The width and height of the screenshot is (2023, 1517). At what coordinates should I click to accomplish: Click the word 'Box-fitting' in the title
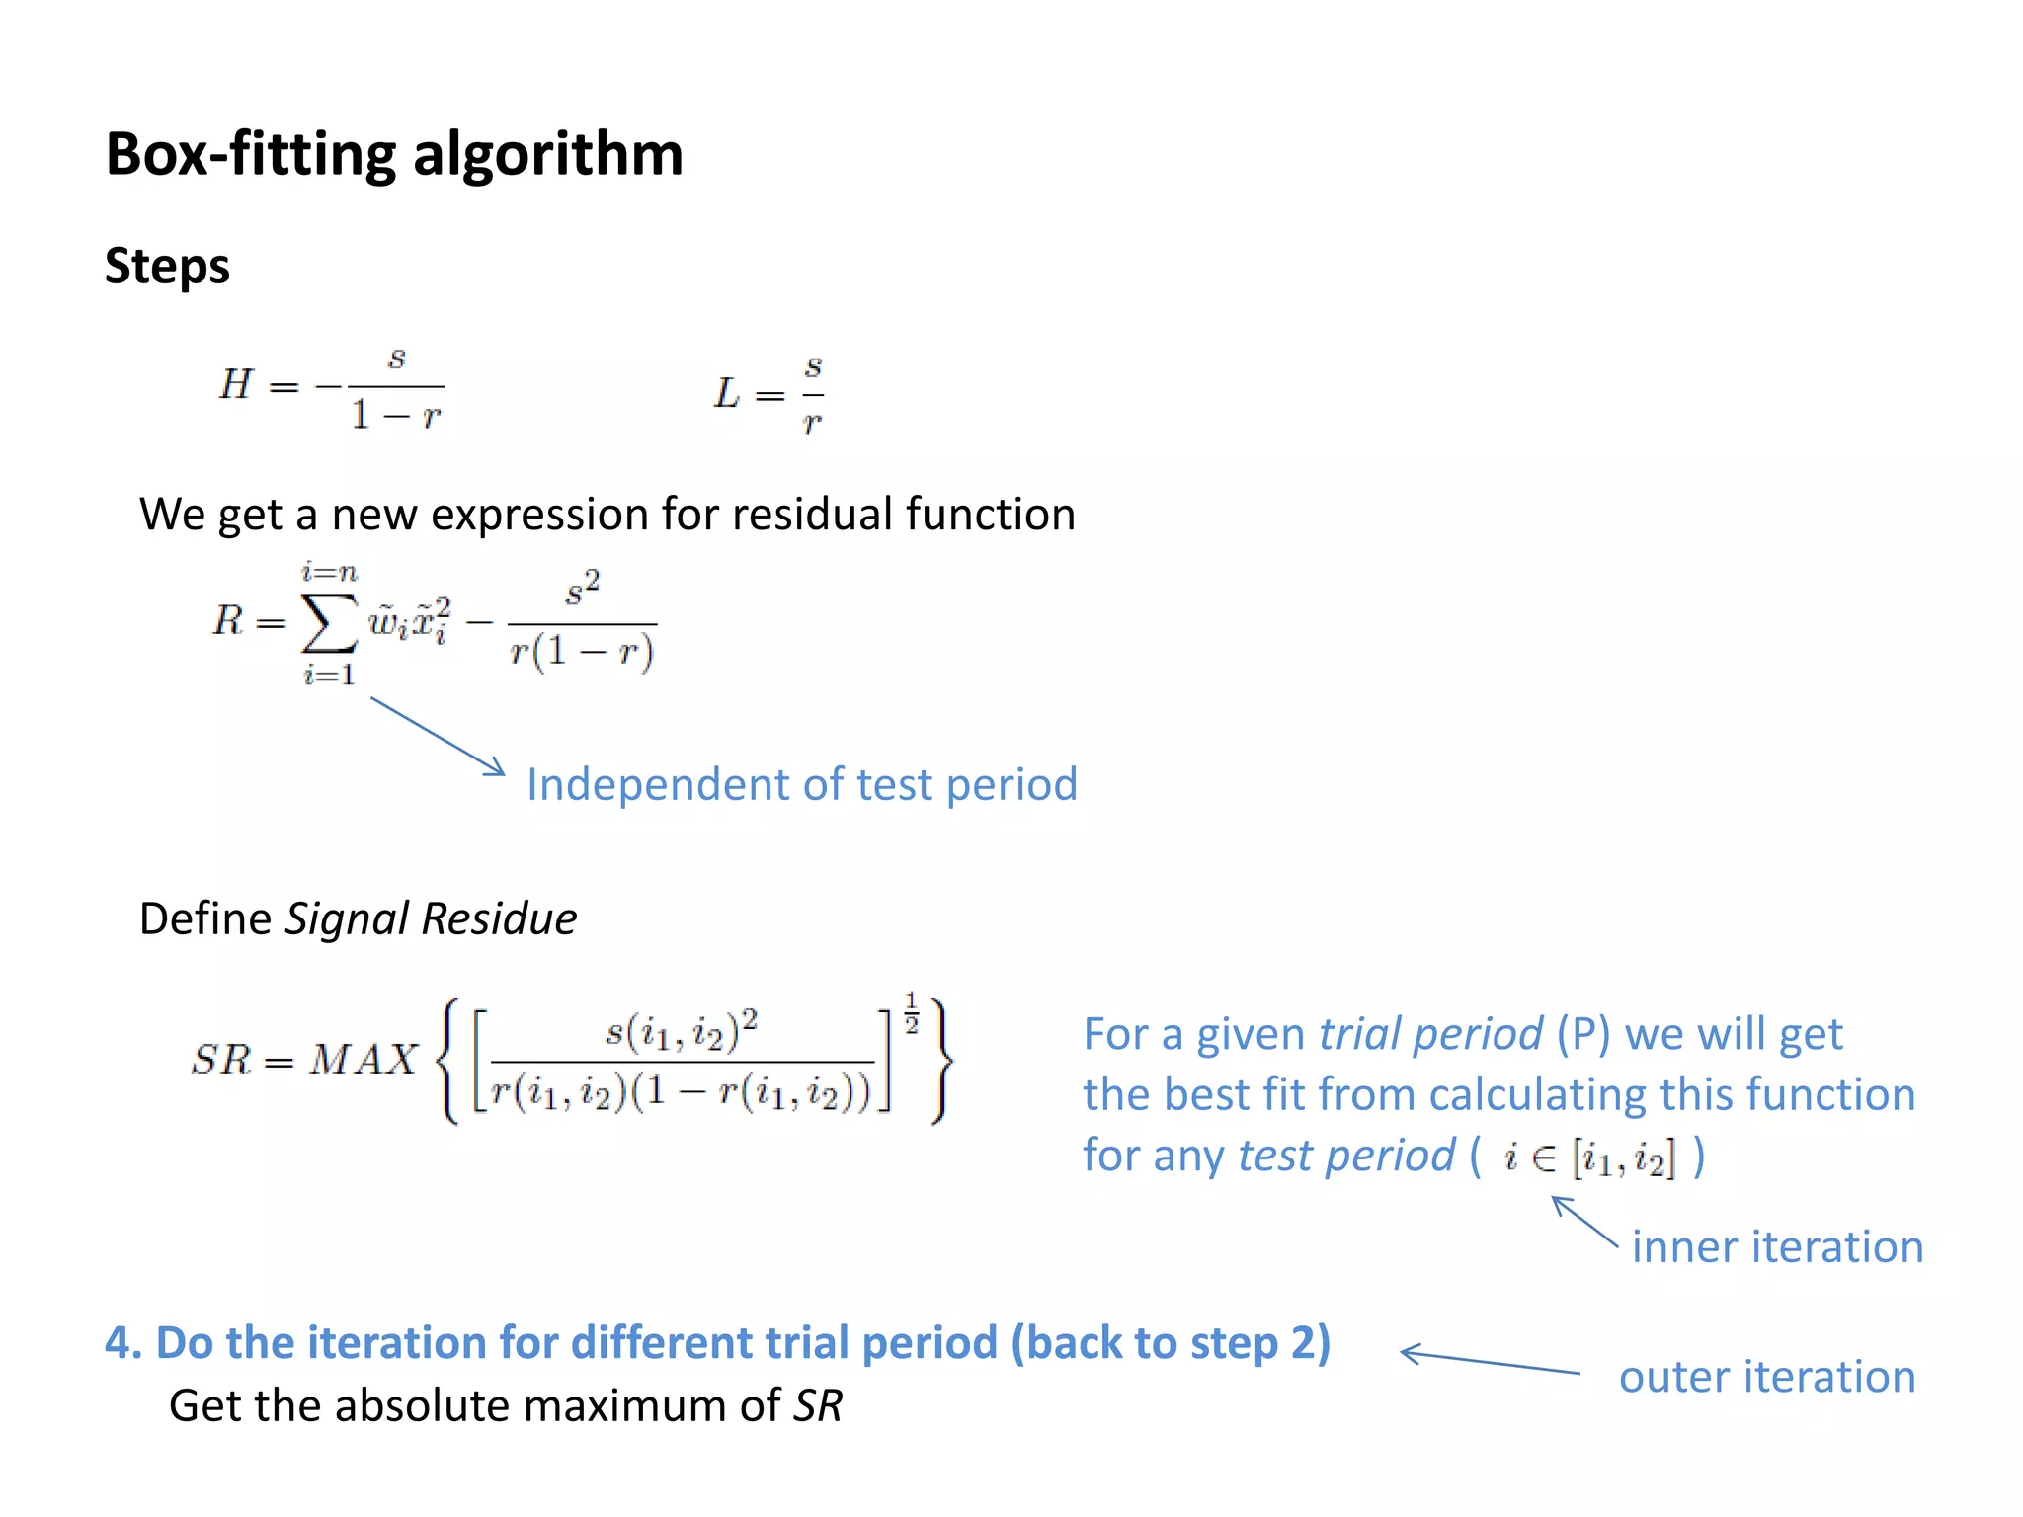coord(251,155)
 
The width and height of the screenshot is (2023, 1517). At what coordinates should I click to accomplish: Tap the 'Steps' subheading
coord(167,267)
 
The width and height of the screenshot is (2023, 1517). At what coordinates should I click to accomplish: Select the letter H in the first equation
coord(236,384)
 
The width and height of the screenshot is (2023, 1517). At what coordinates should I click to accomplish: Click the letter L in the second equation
coord(727,394)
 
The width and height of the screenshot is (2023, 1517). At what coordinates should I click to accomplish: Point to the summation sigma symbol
coord(329,623)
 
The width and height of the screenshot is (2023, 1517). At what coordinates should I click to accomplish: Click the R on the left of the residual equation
coord(227,621)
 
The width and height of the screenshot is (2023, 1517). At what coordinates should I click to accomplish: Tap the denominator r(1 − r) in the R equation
coord(582,652)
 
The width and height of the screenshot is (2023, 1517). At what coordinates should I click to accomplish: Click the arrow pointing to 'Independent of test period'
coord(438,737)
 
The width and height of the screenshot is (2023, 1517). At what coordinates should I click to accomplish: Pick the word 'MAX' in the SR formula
coord(364,1061)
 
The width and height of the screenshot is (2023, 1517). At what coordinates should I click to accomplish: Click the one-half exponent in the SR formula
coord(911,1012)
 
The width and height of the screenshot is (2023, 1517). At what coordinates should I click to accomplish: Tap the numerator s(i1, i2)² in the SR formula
coord(682,1031)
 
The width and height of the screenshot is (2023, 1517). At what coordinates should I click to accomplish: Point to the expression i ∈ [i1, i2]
coord(1589,1158)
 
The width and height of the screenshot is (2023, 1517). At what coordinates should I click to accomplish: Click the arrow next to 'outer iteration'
coord(1490,1361)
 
